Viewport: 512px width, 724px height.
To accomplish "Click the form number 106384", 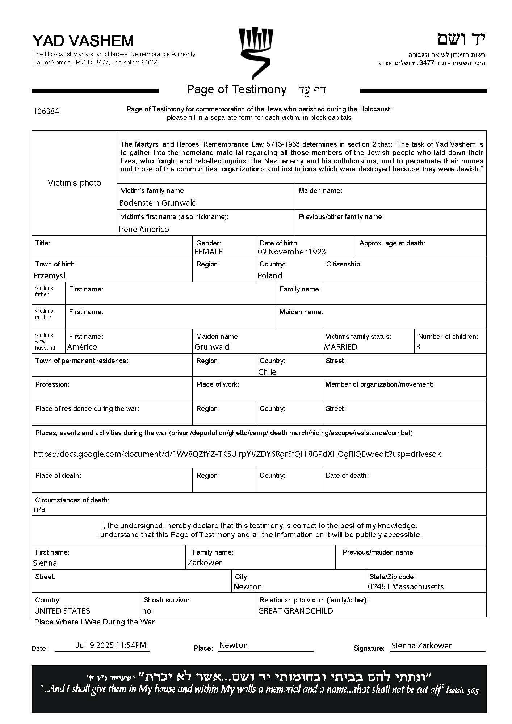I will (x=46, y=111).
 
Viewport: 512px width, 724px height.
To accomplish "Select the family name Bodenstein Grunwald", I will (x=158, y=203).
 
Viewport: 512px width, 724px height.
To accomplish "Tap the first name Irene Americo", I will (x=144, y=229).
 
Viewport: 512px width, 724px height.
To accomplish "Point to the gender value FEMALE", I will (x=209, y=252).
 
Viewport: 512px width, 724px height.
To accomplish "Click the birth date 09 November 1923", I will (x=291, y=252).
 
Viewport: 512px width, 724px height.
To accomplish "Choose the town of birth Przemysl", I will (x=49, y=275).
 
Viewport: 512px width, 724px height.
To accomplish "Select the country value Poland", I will (x=270, y=275).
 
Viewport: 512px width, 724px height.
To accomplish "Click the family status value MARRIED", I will (x=340, y=347).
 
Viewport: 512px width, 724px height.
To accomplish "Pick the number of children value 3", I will (x=418, y=347).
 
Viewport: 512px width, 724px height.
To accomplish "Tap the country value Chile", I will (x=267, y=372).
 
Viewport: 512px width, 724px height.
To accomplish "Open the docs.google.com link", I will (x=237, y=454).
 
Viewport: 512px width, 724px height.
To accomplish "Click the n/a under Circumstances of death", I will (x=39, y=509).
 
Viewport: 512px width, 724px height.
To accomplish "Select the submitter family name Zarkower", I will (x=205, y=563).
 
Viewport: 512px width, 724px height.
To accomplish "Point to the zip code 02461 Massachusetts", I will (x=406, y=586).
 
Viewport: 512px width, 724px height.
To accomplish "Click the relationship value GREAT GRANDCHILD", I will (x=295, y=611).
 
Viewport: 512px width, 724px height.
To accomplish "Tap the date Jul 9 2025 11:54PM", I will (x=111, y=645).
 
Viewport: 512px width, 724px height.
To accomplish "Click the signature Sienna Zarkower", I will (x=421, y=645).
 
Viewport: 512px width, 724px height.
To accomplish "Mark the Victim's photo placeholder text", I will (x=74, y=183).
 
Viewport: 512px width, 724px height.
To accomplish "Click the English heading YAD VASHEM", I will (x=83, y=41).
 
